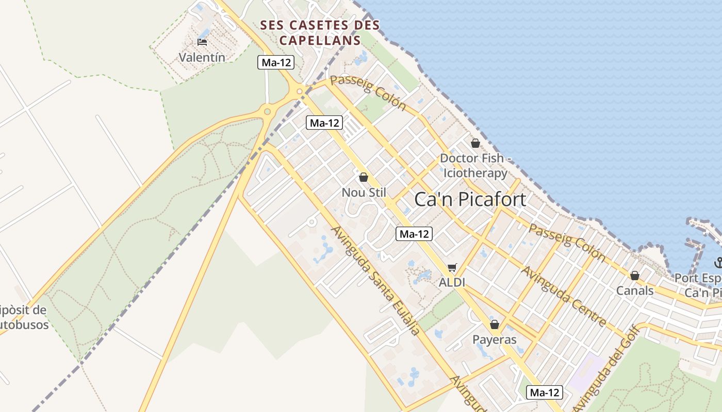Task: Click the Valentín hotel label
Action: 202,57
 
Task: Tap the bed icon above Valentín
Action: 202,42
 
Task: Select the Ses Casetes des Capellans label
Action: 320,32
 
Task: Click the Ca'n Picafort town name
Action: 470,199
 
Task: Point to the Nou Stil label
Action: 364,193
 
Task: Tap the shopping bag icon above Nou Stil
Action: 364,177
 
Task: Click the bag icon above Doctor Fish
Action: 475,143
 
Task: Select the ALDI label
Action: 452,282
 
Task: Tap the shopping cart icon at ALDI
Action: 452,267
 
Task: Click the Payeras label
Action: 495,340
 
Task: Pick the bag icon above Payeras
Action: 495,324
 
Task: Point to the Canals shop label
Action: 635,290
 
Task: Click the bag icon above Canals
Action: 635,276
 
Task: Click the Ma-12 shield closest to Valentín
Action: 276,63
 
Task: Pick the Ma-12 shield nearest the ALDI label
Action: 414,234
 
